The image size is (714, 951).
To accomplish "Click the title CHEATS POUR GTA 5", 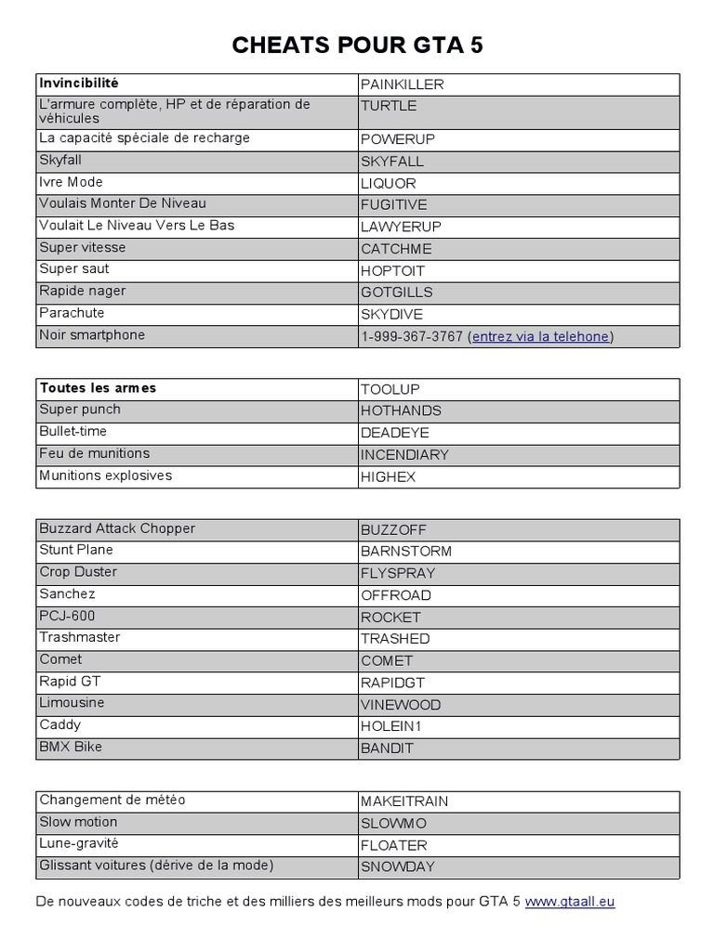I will [357, 46].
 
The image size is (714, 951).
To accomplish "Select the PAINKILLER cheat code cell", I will [403, 85].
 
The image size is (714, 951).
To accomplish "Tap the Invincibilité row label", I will [79, 84].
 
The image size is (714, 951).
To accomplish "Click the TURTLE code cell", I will [389, 106].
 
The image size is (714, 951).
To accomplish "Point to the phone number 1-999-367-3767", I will [412, 336].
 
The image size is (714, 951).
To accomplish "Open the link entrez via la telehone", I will [540, 336].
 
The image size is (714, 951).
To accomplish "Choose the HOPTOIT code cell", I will [392, 270].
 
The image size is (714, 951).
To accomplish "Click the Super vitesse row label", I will [82, 248].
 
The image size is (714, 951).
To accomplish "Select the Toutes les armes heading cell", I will [98, 388].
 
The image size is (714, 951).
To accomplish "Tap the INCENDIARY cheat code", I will [404, 455].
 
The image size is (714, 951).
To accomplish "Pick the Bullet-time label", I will [73, 432].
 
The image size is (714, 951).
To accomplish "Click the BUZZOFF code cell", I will [393, 529].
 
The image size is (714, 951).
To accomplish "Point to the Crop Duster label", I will [78, 572].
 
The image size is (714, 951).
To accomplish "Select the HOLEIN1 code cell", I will [390, 726].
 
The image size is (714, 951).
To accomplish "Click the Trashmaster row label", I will [80, 638].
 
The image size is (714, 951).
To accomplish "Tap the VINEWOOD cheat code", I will [401, 705].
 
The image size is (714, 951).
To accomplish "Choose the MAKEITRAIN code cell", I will [405, 801].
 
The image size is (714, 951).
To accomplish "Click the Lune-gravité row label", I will [79, 844].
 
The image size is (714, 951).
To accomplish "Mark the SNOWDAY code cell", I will [398, 866].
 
